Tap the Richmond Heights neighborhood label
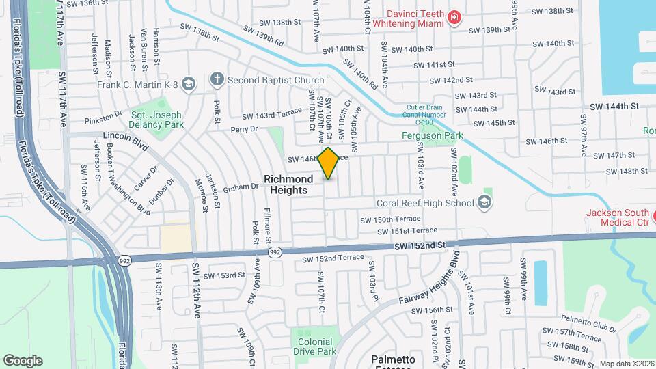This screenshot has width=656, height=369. pyautogui.click(x=288, y=184)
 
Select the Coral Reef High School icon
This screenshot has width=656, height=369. pyautogui.click(x=484, y=202)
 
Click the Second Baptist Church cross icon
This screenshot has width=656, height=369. pyautogui.click(x=217, y=79)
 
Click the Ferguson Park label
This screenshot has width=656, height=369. pyautogui.click(x=432, y=135)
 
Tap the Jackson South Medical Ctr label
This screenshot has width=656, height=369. pyautogui.click(x=617, y=217)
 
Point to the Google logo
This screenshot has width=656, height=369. pyautogui.click(x=23, y=360)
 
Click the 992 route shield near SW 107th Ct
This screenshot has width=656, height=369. pyautogui.click(x=274, y=253)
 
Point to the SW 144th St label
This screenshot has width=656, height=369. pyautogui.click(x=615, y=107)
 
